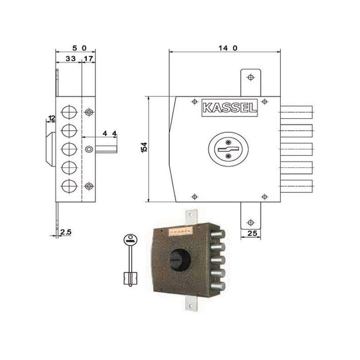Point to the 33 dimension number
70,60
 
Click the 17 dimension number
88,60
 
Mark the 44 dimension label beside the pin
109,133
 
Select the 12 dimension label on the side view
51,119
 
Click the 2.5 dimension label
65,232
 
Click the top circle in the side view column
68,112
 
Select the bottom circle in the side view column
68,186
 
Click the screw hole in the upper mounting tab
250,77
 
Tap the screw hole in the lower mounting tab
250,222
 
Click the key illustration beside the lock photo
131,259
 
